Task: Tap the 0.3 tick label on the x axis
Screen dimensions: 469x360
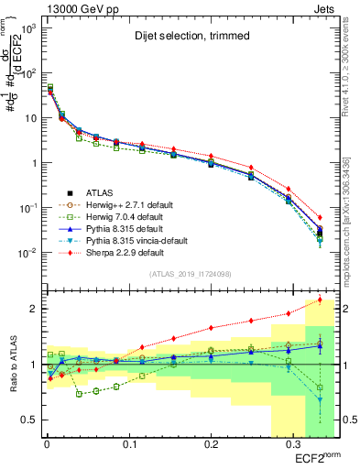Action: [x=293, y=444]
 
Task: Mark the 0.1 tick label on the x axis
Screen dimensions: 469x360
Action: [x=128, y=444]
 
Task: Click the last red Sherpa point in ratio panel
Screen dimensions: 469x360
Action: [x=320, y=300]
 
